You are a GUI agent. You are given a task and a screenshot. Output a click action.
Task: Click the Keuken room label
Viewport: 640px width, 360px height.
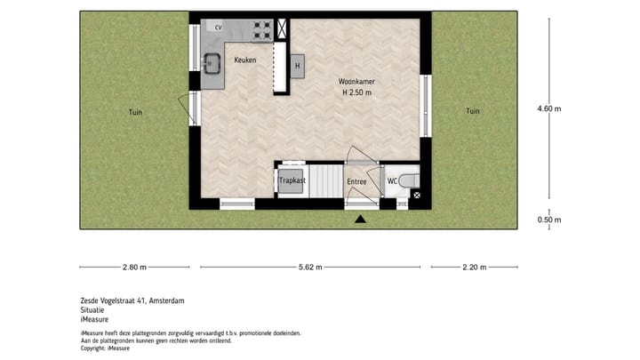tap(244, 60)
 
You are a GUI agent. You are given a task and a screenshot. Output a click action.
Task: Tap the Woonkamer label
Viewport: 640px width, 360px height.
tap(356, 82)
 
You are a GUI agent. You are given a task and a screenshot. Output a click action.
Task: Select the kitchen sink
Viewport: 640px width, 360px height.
tap(211, 64)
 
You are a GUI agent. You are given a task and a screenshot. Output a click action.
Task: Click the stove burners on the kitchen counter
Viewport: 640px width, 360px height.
tap(262, 28)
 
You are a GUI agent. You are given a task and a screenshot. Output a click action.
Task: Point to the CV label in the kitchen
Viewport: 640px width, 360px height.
tap(219, 28)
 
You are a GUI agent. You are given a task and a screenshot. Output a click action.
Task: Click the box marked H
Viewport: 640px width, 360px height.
tap(298, 66)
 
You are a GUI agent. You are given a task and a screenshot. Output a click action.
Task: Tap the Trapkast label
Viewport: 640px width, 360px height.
tap(292, 181)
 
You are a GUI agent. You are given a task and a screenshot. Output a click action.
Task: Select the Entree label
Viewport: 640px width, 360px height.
tap(356, 182)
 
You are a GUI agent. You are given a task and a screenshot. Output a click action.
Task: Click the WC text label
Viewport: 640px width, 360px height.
tap(391, 182)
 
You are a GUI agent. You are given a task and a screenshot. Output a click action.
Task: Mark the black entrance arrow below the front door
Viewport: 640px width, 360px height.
tap(360, 218)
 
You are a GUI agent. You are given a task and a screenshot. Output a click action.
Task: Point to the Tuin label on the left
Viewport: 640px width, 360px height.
tap(134, 112)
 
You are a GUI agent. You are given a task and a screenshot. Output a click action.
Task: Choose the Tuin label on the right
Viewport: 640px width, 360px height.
tap(472, 111)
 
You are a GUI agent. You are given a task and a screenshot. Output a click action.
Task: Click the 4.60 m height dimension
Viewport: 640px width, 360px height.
tap(549, 108)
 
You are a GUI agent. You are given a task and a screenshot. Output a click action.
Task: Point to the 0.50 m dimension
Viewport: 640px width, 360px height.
tap(549, 220)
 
